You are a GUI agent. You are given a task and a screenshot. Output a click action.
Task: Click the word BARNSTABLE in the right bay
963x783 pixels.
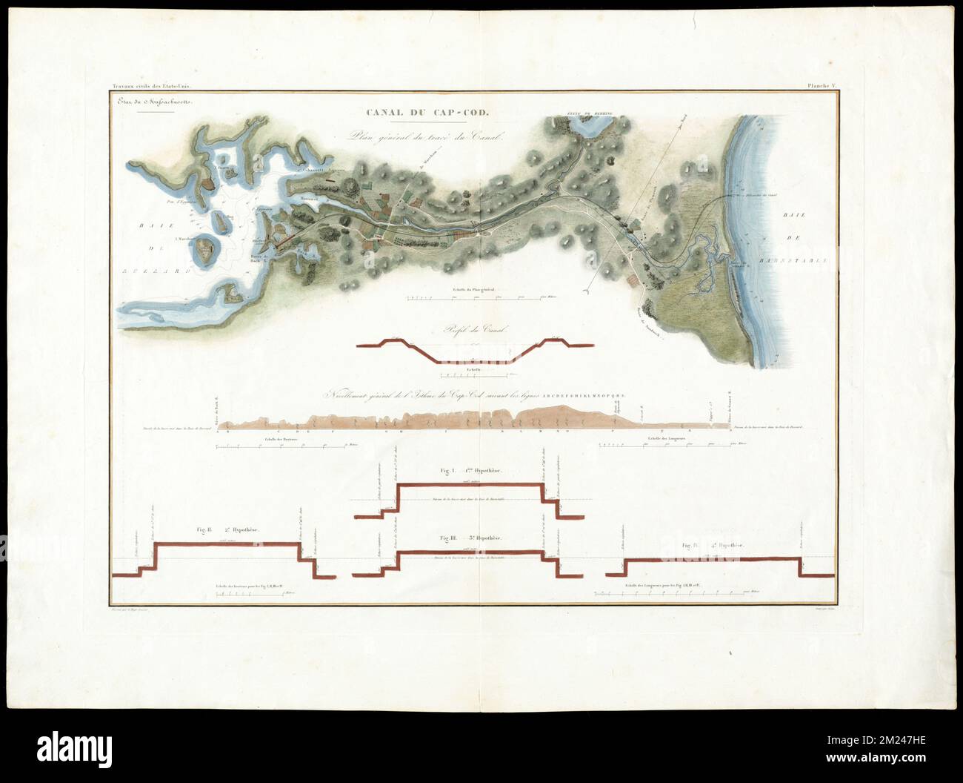click(806, 260)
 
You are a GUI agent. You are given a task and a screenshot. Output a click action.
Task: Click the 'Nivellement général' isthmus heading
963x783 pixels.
click(474, 396)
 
